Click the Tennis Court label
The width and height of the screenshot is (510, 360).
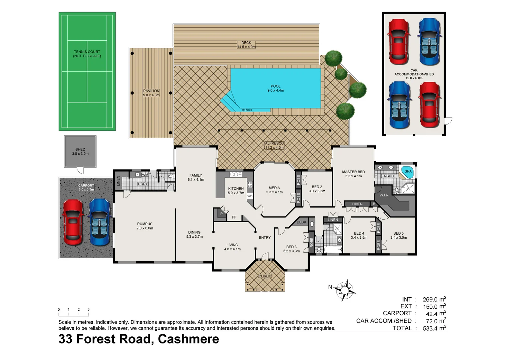coord(87,54)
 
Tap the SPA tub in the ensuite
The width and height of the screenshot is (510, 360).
coord(408,172)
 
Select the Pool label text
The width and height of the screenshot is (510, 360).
coord(276,88)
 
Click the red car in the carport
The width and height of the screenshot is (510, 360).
coord(73,222)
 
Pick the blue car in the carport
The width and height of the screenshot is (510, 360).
coord(99,222)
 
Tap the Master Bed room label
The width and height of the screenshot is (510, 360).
coord(353,174)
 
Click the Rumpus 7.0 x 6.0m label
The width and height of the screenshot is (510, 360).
coord(145,226)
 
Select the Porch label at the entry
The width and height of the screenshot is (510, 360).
coord(265,276)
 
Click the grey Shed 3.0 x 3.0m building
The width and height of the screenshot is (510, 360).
coord(80,151)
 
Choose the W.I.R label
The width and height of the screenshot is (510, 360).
coord(384,195)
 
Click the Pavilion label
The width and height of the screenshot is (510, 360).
coord(151,93)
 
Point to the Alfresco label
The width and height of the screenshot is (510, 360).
coord(274,145)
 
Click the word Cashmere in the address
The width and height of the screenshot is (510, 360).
coord(188,339)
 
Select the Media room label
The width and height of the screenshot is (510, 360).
coord(274,190)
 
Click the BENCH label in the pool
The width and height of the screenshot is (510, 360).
coord(247,110)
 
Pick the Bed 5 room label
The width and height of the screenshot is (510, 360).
coord(398,235)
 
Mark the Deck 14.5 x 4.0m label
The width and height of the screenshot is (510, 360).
coord(246,45)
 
